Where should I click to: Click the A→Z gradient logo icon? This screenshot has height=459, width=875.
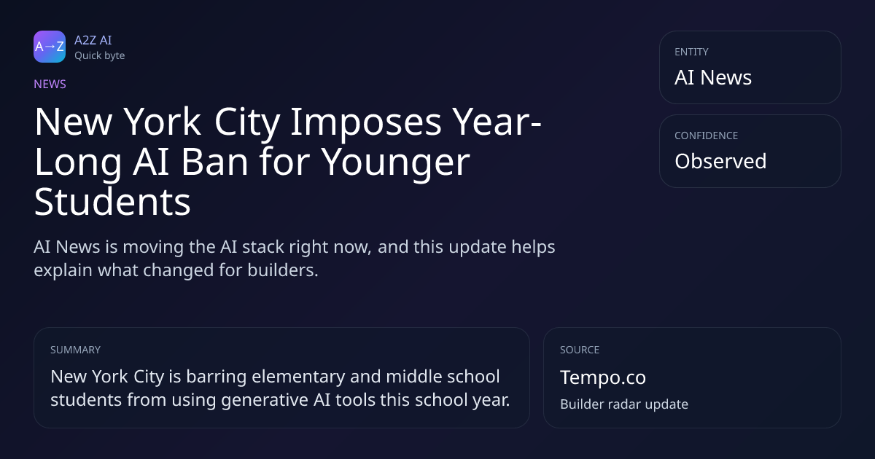coord(50,47)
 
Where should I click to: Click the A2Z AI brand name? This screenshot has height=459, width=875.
coord(93,40)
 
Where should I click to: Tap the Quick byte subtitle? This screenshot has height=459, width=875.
coord(100,56)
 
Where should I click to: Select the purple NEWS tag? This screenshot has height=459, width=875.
coord(50,85)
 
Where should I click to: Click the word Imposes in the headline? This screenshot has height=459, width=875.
coord(365,122)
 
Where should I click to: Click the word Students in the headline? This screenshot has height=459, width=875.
coord(112,202)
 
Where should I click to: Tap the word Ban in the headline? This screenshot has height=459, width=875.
coord(215,162)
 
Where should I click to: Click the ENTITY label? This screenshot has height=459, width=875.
coord(691,52)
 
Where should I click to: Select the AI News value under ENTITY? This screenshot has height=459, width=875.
coord(713,77)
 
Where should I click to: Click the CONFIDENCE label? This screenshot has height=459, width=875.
coord(707,136)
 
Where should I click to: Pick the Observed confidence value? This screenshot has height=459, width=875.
coord(720,161)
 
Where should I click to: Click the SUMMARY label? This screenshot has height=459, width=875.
coord(75,350)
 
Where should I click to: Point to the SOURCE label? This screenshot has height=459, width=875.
coord(579,350)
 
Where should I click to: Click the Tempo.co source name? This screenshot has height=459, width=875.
coord(603,377)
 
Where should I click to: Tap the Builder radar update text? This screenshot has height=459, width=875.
coord(624,404)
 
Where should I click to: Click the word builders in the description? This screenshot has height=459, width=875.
coord(283,270)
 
